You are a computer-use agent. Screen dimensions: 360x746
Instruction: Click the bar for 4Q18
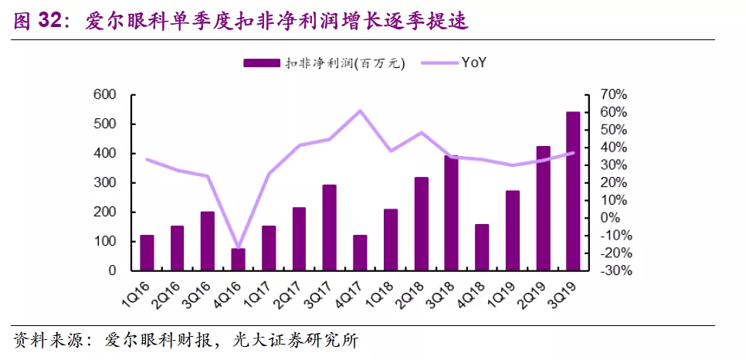point(482,247)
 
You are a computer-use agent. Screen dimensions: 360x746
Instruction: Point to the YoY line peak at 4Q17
point(360,110)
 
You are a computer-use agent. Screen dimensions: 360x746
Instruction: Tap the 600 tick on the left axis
point(105,95)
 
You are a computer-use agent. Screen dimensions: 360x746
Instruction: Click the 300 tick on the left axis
point(105,183)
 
